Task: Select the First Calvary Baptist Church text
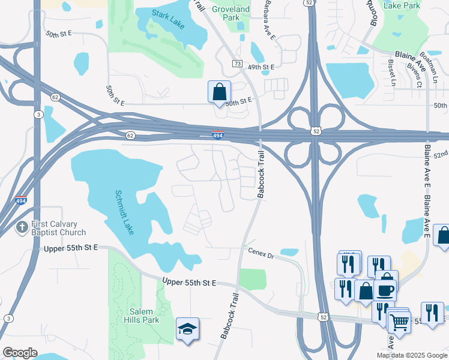(56, 229)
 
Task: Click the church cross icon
(21, 228)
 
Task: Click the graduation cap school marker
(187, 328)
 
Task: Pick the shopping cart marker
(399, 322)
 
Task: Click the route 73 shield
(237, 64)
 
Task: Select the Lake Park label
(407, 5)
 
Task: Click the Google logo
(20, 353)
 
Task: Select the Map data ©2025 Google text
(412, 355)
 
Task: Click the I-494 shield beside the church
(20, 201)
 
